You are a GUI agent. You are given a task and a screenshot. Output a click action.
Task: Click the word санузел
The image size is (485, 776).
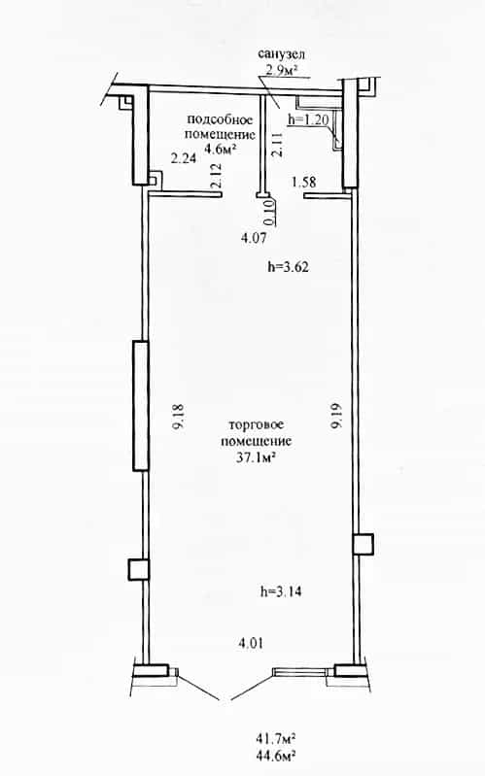pos(281,54)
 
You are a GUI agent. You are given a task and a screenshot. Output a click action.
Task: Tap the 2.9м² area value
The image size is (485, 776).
pos(282,70)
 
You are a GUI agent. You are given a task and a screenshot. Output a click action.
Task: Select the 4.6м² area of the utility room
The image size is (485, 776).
pos(220,148)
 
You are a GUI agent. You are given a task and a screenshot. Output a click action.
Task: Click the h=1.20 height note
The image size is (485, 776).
pos(308,119)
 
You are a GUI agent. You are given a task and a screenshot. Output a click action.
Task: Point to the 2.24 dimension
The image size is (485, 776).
pos(184,158)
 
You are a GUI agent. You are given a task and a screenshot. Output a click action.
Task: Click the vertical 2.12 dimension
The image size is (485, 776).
pos(216,176)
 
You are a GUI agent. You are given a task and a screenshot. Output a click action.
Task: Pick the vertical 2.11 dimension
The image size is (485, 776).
pos(276,145)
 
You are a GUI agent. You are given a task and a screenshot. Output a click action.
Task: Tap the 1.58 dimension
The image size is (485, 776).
pos(303,183)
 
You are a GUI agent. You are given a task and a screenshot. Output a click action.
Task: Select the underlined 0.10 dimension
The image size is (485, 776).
pos(268,211)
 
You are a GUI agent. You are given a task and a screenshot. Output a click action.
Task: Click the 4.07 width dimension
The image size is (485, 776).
pos(254,238)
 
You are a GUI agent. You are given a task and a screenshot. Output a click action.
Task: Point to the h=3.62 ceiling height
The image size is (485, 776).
pos(289,267)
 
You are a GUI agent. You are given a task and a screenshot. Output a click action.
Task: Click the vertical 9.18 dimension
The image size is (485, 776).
pos(178,416)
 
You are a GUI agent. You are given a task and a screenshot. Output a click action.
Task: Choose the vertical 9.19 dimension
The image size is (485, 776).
pos(337,416)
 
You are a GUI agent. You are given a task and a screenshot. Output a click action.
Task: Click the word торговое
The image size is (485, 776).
pos(257,425)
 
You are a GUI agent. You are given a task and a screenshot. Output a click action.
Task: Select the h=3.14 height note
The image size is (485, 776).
pos(282,591)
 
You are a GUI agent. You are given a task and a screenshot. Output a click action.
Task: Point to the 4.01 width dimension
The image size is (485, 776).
pos(251,644)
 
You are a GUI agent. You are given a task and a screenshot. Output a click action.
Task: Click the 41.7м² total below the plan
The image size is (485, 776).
pos(276,739)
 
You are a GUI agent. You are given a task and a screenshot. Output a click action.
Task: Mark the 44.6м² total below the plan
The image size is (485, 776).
pos(276,756)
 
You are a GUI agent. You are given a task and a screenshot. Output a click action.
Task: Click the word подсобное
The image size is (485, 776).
pos(220,119)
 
